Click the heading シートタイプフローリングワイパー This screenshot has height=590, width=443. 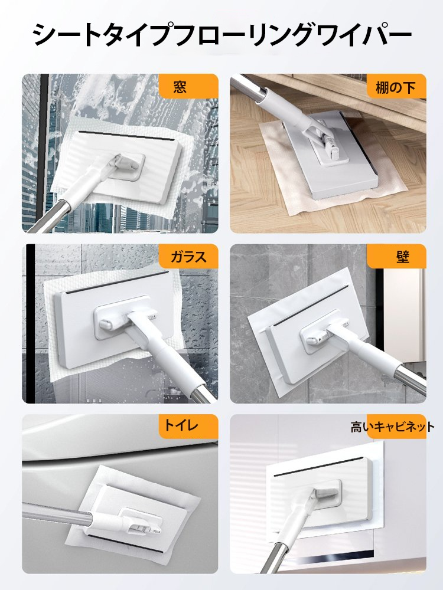coord(221,35)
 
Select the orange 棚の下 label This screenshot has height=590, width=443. coord(396,88)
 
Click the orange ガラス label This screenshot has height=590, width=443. coord(188,257)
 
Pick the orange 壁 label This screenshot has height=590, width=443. coord(396,257)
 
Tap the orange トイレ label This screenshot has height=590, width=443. coord(188,427)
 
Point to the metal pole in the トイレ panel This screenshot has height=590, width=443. coord(57,510)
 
